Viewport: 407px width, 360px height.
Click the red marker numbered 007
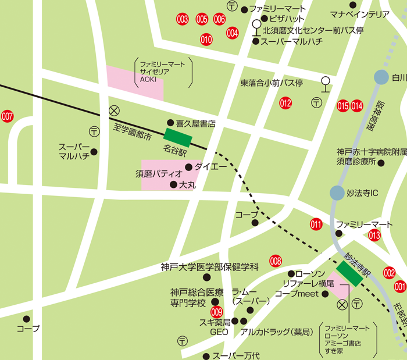(7, 116)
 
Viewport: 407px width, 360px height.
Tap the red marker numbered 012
(285, 104)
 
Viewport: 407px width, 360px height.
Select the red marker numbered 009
(217, 312)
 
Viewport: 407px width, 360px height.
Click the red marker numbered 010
(206, 40)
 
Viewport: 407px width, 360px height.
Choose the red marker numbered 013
(374, 235)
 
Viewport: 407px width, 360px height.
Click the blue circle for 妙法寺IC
(337, 193)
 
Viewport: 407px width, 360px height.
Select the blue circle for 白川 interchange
(381, 77)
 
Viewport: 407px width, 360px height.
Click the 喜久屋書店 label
(196, 123)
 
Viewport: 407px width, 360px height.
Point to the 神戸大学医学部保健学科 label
(209, 268)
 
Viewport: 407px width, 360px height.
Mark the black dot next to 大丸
(173, 185)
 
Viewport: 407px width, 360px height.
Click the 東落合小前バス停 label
(272, 83)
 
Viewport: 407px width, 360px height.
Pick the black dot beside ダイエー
(188, 167)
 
